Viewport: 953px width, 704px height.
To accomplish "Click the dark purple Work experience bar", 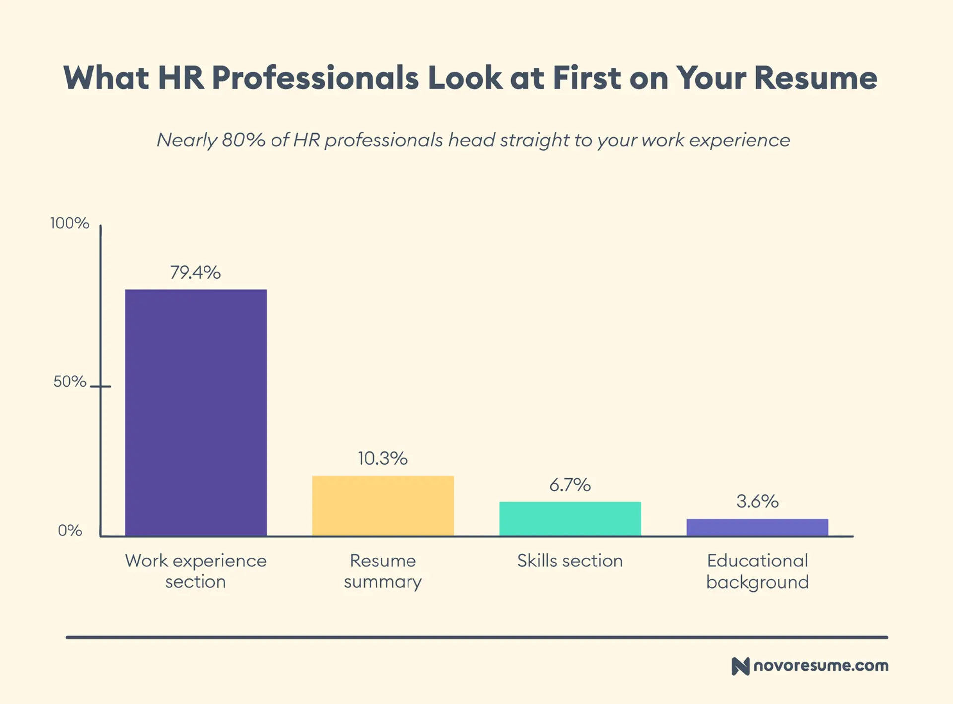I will pos(196,413).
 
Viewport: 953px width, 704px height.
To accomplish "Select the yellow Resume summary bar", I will pos(383,505).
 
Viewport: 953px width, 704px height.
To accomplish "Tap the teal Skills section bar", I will pos(570,519).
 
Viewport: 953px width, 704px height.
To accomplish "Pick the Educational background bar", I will pos(757,527).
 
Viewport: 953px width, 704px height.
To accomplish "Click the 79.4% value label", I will pos(195,272).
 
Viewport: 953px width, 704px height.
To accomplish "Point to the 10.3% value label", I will pos(383,458).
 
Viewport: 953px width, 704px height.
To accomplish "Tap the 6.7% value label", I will pos(570,485).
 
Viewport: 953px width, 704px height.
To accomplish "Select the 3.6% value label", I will pos(757,501).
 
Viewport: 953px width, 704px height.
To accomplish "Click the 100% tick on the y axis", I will pos(70,223).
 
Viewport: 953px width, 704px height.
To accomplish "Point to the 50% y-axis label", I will pos(70,381).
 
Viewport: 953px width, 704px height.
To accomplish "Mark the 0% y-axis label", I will pos(70,530).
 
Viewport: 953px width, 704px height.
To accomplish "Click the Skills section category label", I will pos(570,561).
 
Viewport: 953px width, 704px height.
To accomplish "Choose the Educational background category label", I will pos(757,571).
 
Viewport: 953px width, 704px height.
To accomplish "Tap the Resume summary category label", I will pos(383,571).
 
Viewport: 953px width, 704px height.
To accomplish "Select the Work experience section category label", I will pos(196,571).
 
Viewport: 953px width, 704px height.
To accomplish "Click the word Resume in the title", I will pos(816,78).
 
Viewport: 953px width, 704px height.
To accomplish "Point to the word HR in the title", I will pos(181,78).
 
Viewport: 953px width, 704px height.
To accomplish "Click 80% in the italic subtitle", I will pos(243,140).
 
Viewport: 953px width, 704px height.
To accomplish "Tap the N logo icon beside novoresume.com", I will pos(740,666).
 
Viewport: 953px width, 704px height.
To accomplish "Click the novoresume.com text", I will pos(821,666).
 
